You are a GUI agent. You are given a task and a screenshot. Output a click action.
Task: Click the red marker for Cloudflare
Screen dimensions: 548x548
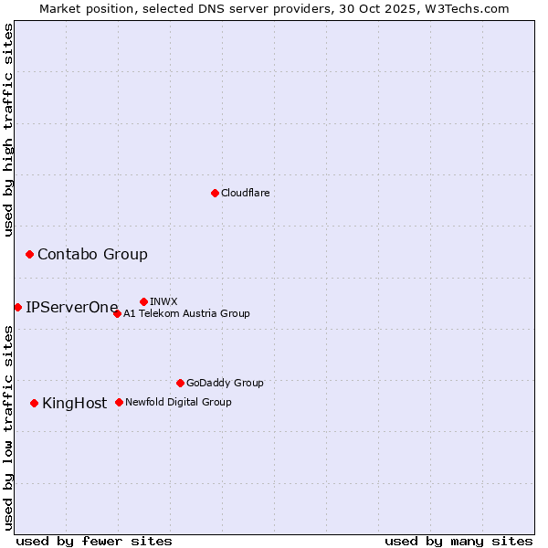215,193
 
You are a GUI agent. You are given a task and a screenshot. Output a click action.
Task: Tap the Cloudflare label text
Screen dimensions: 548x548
246,194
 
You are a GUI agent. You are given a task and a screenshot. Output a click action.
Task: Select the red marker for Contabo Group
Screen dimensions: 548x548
29,254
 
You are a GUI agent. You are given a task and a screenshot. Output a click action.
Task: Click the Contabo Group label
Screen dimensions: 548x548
92,255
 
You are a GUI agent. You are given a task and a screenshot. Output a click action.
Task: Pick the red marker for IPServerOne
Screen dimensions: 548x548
17,307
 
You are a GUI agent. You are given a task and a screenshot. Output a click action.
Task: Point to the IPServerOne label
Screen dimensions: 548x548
72,308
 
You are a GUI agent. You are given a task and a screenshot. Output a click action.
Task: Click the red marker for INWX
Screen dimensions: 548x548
143,301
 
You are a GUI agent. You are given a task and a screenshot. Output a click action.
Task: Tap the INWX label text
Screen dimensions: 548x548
163,302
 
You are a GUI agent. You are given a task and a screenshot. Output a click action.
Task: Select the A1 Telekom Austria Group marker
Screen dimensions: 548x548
117,313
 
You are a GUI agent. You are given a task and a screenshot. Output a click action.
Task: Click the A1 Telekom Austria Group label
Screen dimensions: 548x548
186,314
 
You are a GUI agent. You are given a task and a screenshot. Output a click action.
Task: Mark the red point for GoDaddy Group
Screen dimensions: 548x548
180,383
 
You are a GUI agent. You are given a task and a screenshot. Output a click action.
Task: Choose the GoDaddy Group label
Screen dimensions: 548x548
225,384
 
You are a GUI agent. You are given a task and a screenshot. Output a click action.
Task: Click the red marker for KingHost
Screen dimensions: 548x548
34,403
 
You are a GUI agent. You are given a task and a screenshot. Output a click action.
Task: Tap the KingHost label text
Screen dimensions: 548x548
75,404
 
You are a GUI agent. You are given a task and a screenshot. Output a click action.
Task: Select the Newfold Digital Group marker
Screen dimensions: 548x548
119,402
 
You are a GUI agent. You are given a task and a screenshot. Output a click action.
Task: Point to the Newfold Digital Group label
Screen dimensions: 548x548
178,403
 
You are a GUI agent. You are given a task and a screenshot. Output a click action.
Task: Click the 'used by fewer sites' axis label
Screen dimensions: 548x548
94,542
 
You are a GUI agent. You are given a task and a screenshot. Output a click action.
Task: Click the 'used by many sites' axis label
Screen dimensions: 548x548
458,542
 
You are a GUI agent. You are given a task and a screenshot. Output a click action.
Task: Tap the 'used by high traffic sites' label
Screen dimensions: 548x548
9,130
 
